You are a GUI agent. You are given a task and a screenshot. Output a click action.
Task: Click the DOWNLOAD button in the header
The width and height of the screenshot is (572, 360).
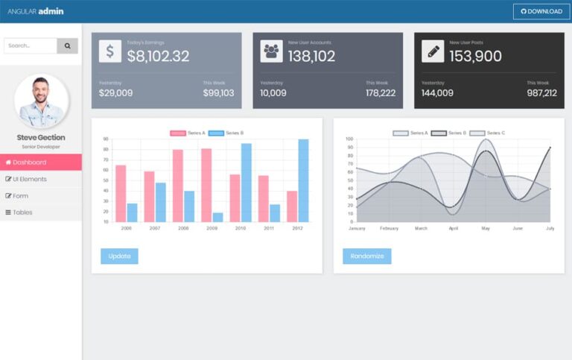pyautogui.click(x=541, y=11)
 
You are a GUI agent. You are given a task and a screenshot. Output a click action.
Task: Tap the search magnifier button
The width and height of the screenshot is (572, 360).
pyautogui.click(x=68, y=45)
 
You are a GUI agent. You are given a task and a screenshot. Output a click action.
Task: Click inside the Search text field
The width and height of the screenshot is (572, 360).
pyautogui.click(x=31, y=45)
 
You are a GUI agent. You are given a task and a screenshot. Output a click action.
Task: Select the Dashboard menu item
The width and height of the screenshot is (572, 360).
pyautogui.click(x=41, y=162)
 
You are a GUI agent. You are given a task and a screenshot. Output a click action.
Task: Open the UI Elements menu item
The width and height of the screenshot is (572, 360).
pyautogui.click(x=41, y=179)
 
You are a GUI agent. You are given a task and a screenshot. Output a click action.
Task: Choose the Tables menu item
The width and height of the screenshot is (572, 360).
pyautogui.click(x=41, y=212)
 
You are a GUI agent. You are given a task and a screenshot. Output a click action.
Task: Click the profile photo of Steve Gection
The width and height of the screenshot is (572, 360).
pyautogui.click(x=41, y=101)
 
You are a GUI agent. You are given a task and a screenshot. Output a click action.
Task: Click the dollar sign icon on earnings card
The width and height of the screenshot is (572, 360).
pyautogui.click(x=110, y=51)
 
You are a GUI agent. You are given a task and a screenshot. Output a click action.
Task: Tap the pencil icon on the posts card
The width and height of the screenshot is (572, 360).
pyautogui.click(x=433, y=51)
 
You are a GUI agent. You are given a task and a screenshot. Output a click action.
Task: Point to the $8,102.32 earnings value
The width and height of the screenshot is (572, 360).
pyautogui.click(x=158, y=56)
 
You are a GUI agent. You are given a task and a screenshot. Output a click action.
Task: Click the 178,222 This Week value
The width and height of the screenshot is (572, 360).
pyautogui.click(x=381, y=93)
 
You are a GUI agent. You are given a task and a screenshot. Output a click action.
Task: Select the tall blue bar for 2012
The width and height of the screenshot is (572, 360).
pyautogui.click(x=303, y=180)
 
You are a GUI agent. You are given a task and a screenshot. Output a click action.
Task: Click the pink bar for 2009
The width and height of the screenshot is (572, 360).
pyautogui.click(x=206, y=185)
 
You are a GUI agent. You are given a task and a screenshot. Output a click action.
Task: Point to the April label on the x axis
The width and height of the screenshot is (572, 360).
pyautogui.click(x=454, y=228)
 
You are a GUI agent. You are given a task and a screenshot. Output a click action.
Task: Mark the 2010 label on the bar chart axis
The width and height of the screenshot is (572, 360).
pyautogui.click(x=241, y=228)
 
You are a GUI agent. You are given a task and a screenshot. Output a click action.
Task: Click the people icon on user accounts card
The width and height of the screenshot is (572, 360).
pyautogui.click(x=271, y=51)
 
